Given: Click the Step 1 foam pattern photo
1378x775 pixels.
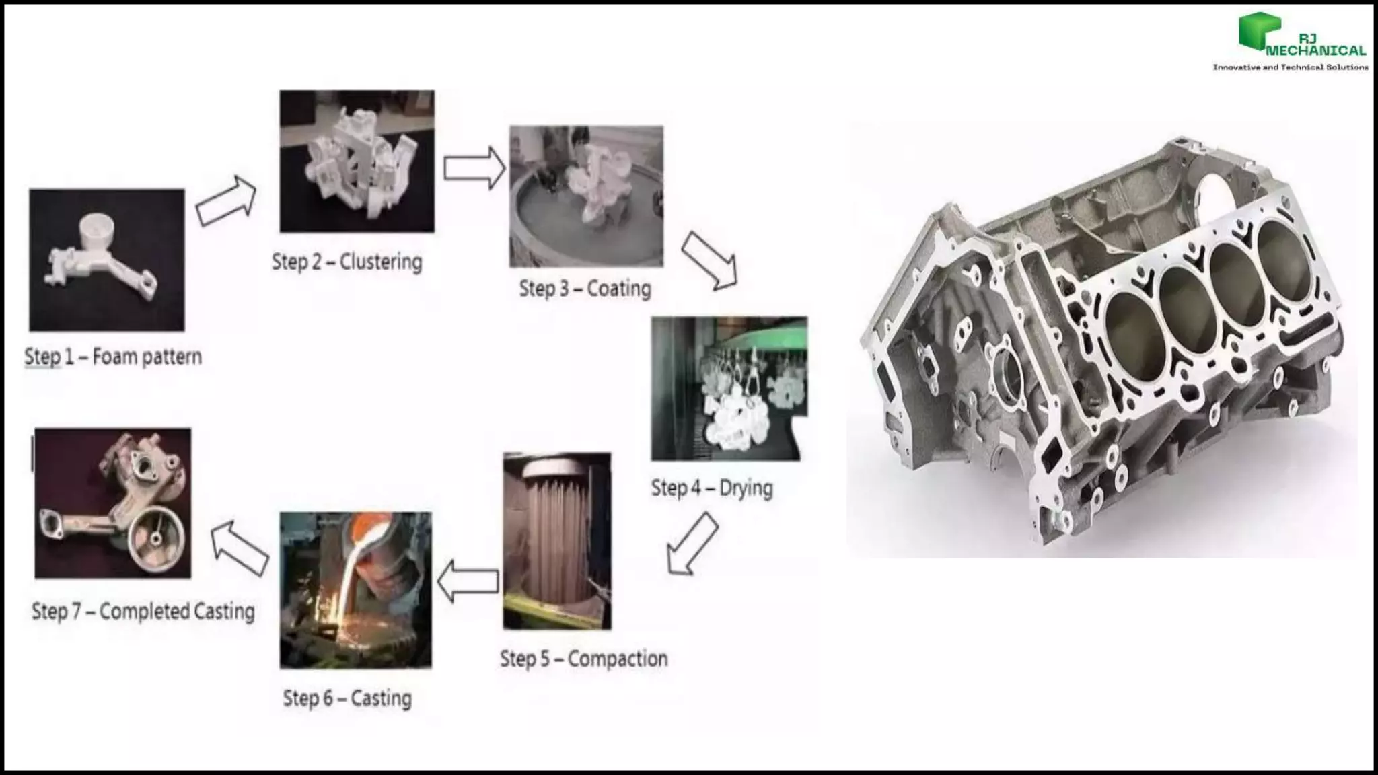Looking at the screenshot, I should [x=106, y=260].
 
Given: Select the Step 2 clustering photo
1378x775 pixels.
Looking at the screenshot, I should [x=357, y=161].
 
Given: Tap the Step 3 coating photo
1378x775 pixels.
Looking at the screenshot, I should [x=585, y=196].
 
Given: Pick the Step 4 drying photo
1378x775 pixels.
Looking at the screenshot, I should [x=729, y=388].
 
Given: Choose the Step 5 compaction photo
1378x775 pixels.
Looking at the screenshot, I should [x=557, y=541].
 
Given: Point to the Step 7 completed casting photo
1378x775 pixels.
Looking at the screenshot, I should [x=112, y=503].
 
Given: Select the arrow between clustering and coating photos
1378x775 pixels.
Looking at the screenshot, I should [x=474, y=168].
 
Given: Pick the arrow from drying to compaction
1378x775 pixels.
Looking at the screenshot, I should [x=692, y=544].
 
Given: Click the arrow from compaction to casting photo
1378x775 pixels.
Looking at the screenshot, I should [x=468, y=581].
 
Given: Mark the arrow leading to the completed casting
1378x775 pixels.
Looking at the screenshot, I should [x=240, y=549].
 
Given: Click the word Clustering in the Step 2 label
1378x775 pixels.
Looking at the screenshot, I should [x=380, y=262].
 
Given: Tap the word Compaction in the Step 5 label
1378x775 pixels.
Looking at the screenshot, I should [x=617, y=659].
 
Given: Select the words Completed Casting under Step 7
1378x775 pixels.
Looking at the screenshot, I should [x=177, y=612].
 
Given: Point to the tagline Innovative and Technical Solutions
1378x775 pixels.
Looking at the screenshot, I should [x=1290, y=67].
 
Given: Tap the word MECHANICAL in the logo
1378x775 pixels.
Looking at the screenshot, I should [x=1316, y=50].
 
